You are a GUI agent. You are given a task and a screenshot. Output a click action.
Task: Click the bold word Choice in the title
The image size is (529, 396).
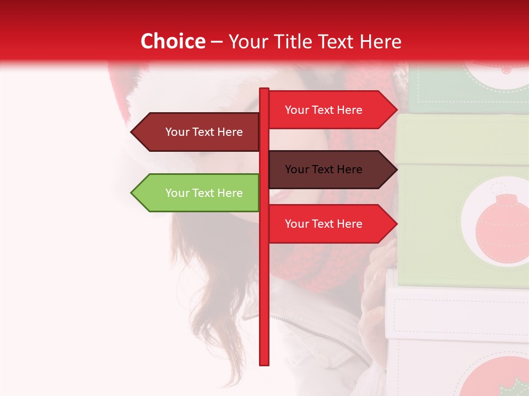[172, 42]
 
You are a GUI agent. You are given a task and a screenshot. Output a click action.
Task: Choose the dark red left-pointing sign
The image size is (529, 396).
[198, 132]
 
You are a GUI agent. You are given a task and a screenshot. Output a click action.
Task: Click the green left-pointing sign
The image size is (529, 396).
[198, 193]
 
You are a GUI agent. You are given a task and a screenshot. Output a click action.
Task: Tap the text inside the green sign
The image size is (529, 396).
[204, 193]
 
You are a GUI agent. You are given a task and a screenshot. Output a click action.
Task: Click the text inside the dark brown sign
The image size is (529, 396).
[323, 169]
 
